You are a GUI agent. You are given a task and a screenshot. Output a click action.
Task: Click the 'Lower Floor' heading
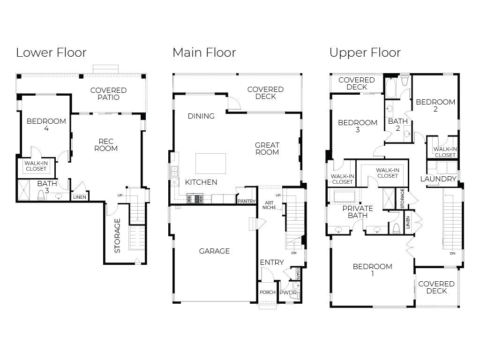coord(51,52)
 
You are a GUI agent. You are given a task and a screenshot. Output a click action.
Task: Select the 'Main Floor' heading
coord(204,52)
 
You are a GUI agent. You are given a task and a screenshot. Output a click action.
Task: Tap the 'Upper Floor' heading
coord(365,52)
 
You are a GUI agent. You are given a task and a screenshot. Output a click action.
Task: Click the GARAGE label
coord(214,251)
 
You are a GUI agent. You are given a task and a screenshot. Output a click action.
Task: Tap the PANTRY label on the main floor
coord(246,201)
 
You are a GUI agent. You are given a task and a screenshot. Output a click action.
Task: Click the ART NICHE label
coord(269,204)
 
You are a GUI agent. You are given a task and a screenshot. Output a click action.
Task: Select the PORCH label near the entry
coord(268,292)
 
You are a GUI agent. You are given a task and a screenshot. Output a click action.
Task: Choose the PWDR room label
coord(288,292)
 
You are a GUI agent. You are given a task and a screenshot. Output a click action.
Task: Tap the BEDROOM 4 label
coord(46,125)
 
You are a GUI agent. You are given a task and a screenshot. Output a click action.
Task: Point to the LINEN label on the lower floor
coord(79,197)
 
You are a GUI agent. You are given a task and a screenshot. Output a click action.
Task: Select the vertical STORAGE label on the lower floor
coord(117,235)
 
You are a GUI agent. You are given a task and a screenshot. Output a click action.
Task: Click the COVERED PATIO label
coord(108,94)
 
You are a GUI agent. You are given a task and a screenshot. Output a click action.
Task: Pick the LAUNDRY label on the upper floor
coord(438,179)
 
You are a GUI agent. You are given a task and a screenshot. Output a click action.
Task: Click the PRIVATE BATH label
coord(358,212)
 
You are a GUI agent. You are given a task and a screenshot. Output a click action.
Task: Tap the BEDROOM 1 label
coord(372,270)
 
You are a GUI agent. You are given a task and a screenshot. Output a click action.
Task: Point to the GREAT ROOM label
coord(267,149)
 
